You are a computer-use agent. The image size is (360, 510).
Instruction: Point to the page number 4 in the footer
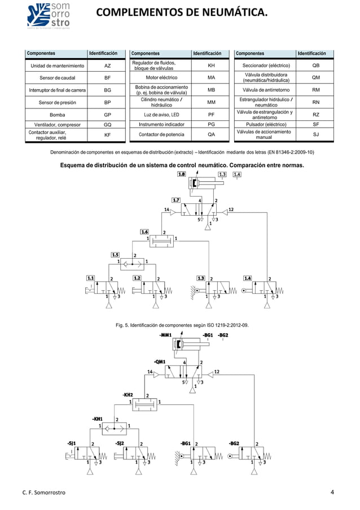333,492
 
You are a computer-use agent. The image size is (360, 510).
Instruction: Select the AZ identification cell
107,66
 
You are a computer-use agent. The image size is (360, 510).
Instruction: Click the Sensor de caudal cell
55,78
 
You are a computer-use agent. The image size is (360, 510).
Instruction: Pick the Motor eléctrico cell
161,78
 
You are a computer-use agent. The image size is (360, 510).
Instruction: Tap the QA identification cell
211,135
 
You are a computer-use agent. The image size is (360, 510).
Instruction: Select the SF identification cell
315,124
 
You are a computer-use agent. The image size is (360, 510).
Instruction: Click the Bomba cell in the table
55,114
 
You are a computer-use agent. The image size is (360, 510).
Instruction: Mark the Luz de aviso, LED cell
161,114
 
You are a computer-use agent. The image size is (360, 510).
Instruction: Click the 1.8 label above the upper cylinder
182,175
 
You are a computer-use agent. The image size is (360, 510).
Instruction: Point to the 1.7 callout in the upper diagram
176,200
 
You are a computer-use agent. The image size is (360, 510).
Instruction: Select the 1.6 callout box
145,232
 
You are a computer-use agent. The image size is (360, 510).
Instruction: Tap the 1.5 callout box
116,254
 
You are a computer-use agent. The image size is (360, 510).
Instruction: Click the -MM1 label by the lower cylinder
165,335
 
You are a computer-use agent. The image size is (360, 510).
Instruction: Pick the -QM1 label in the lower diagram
160,361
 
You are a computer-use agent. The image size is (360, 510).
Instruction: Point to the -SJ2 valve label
120,443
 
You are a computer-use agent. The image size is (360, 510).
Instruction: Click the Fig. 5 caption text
182,326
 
